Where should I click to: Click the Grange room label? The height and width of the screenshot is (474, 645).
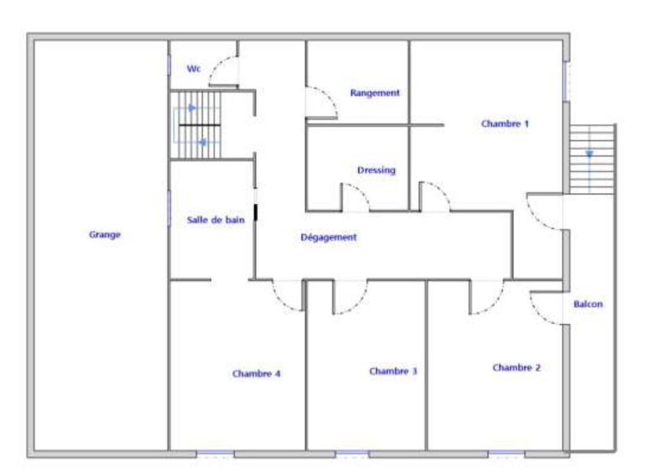(105, 235)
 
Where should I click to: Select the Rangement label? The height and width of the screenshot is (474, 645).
(375, 93)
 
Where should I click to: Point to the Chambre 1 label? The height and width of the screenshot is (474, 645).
(505, 123)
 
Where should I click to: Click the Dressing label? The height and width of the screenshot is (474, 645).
(376, 170)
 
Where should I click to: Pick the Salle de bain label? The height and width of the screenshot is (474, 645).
(215, 220)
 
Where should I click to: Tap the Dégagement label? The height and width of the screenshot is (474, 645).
(329, 237)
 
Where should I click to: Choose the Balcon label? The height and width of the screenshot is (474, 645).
(588, 304)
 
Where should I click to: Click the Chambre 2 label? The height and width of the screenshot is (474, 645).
(517, 367)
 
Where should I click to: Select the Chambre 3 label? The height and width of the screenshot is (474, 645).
(393, 371)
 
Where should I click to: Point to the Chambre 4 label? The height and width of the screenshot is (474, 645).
(256, 373)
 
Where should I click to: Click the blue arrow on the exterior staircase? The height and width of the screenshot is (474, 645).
(590, 154)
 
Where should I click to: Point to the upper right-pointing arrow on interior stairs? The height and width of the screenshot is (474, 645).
(192, 108)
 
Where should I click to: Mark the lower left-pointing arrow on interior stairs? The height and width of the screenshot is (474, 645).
(203, 142)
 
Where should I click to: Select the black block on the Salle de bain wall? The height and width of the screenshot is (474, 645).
(256, 211)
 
